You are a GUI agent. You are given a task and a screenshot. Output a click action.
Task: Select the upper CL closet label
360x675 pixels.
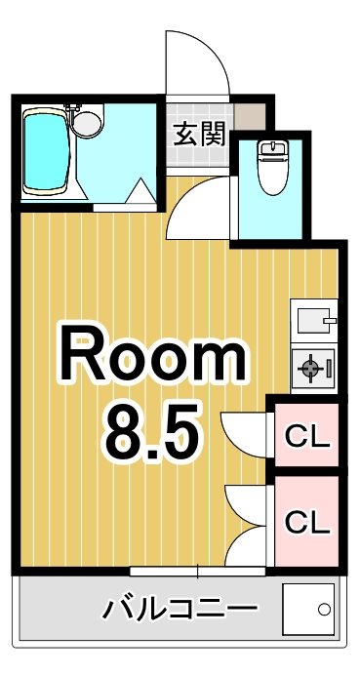click(x=306, y=436)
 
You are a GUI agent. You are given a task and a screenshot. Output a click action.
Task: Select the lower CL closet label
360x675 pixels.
click(x=306, y=522)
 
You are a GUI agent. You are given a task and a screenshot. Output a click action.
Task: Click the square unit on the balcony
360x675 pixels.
click(x=308, y=612)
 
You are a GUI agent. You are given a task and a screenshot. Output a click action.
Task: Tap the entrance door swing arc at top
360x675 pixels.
click(x=197, y=63)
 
